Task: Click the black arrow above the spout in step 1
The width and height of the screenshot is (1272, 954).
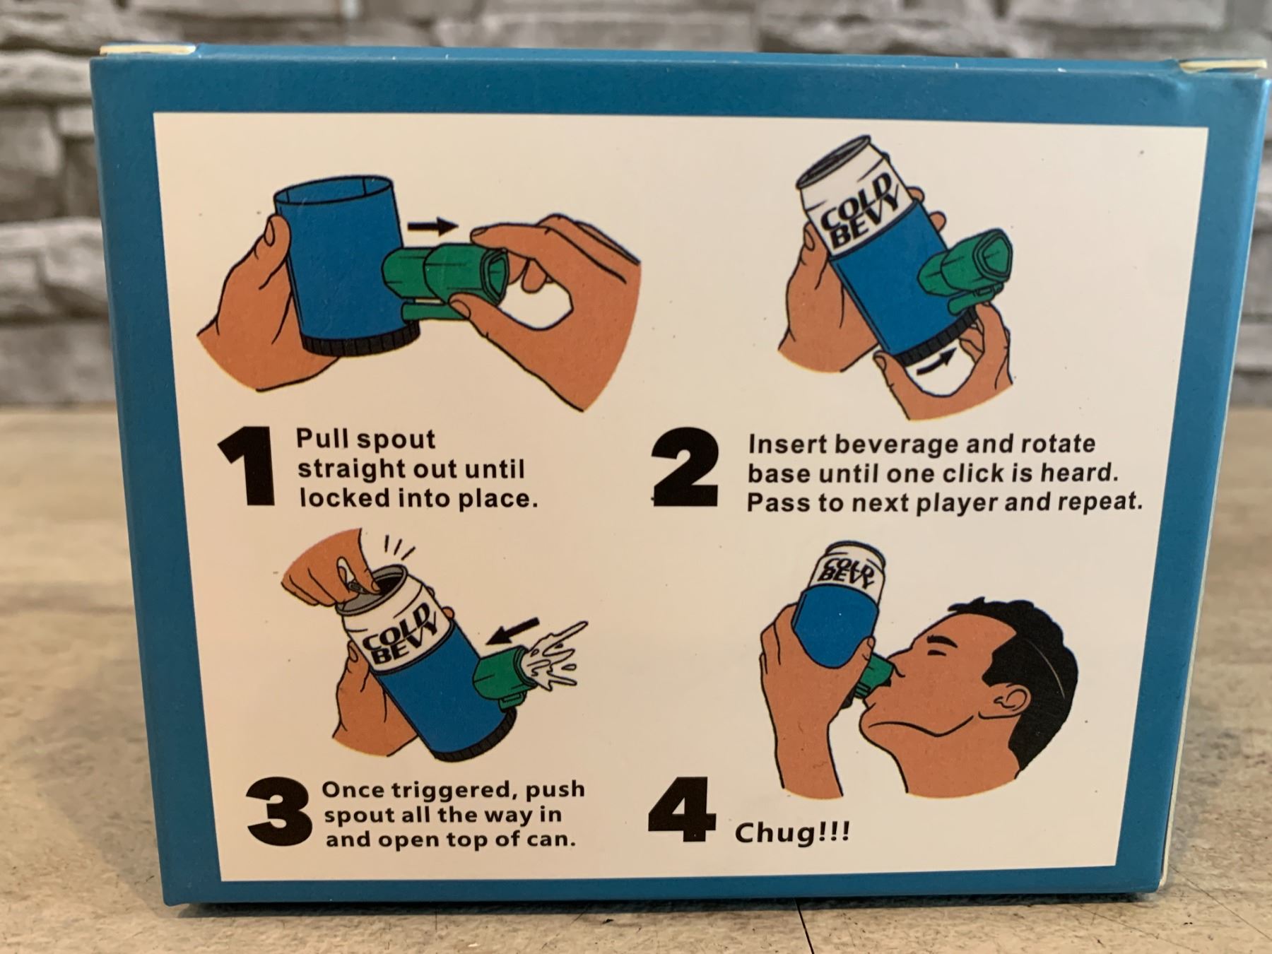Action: coord(432,227)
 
